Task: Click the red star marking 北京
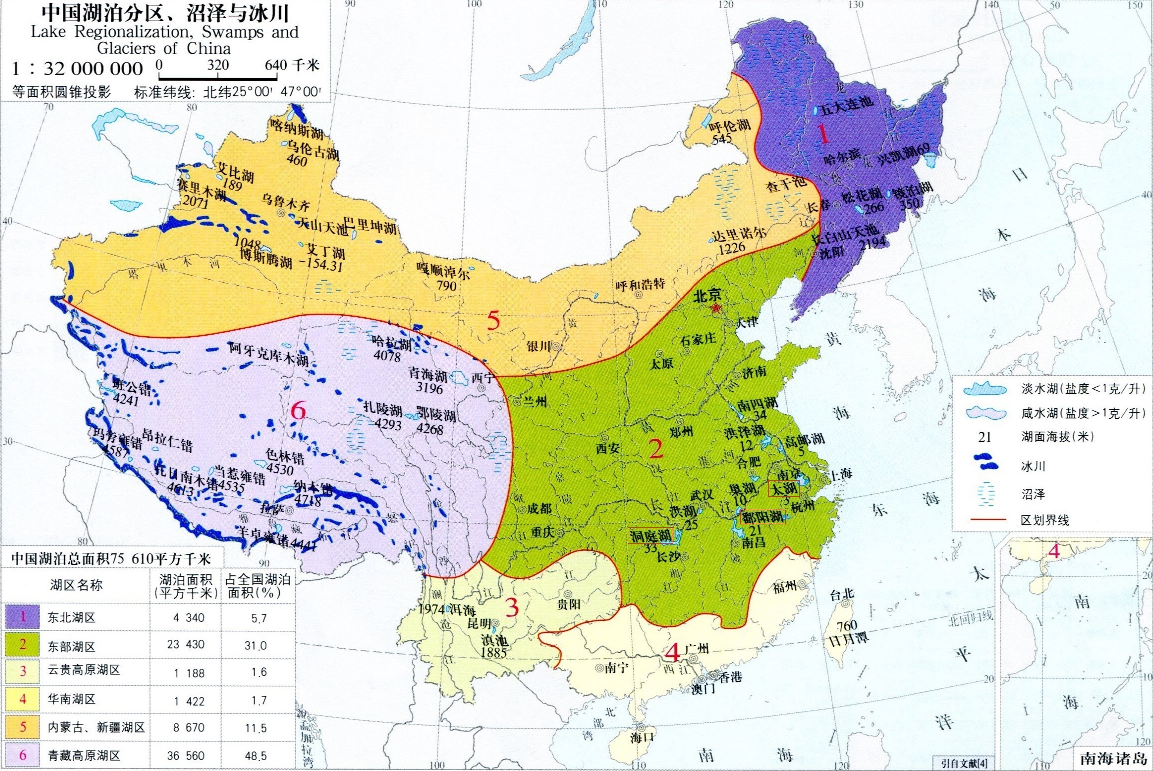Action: point(715,309)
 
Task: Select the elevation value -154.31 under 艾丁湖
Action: point(324,264)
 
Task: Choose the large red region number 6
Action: point(298,411)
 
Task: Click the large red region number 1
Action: point(822,134)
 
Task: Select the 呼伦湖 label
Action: point(730,126)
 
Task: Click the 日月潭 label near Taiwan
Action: point(848,639)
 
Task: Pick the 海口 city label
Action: point(642,737)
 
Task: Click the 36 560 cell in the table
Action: point(186,755)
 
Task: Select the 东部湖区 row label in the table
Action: point(72,646)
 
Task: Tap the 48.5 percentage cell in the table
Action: point(256,756)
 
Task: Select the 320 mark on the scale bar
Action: point(218,65)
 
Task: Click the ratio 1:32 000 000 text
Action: point(78,69)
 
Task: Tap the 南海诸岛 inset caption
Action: point(1113,758)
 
